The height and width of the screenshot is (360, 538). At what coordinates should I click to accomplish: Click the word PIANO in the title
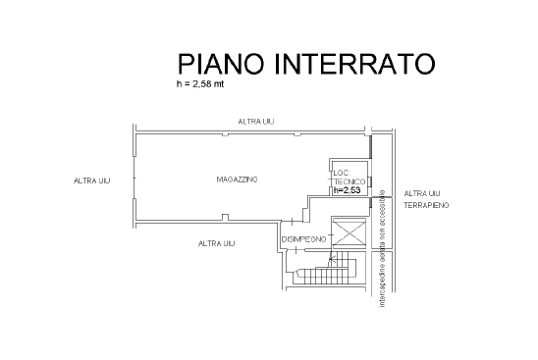[x=221, y=64]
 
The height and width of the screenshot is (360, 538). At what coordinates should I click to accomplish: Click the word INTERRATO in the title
[x=355, y=64]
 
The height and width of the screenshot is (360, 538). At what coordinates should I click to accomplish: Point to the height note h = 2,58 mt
[x=200, y=84]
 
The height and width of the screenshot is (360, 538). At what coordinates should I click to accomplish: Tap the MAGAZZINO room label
[x=237, y=180]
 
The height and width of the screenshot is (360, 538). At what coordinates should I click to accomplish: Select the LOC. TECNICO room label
[x=349, y=178]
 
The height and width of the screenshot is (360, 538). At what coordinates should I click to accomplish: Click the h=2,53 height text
[x=348, y=190]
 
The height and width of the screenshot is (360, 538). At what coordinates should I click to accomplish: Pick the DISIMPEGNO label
[x=303, y=239]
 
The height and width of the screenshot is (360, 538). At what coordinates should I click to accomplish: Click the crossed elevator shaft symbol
[x=350, y=233]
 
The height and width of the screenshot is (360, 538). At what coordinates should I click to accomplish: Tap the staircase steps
[x=328, y=272]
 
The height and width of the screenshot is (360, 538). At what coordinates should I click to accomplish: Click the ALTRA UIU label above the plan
[x=256, y=122]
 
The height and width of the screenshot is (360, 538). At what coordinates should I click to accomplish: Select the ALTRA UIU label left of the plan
[x=92, y=180]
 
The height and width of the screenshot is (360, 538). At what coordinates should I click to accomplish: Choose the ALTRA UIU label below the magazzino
[x=217, y=243]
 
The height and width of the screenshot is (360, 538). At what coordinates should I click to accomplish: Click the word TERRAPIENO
[x=426, y=205]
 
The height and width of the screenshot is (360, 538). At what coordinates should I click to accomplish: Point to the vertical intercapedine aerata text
[x=383, y=248]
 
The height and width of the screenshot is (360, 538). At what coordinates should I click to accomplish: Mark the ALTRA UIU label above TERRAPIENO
[x=422, y=193]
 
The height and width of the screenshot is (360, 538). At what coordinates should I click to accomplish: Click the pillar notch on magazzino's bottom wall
[x=225, y=218]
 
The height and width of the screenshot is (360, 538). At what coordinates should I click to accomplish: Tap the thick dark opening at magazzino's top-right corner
[x=370, y=147]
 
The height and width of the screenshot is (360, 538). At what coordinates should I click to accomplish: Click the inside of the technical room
[x=349, y=178]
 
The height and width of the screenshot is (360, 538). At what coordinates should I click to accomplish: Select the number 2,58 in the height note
[x=202, y=84]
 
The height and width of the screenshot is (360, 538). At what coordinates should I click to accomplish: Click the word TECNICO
[x=350, y=181]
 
